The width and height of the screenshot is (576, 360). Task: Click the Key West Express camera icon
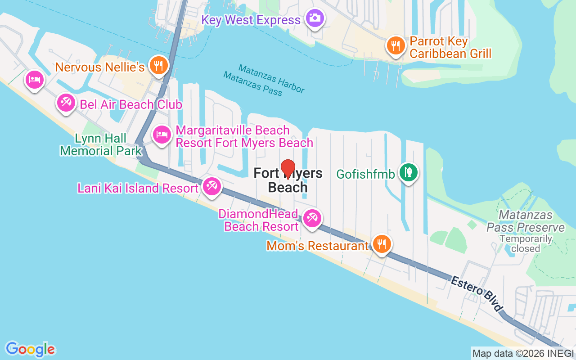coord(315,18)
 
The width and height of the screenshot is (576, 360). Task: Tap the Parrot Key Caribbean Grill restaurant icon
coord(395,45)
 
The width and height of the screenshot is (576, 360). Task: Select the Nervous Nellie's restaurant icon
coord(158,65)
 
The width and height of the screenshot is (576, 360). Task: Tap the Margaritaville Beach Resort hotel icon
coord(162,135)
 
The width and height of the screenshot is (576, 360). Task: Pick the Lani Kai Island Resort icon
coord(211,186)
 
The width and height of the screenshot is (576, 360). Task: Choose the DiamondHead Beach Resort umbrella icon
coord(311,218)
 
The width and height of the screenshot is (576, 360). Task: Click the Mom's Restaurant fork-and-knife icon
coord(382,244)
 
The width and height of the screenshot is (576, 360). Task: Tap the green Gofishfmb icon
coord(408,172)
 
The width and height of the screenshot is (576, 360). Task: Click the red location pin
coord(288,170)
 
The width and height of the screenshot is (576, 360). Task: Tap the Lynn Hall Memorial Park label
coord(101,144)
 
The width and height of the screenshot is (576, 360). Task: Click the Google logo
coord(31,349)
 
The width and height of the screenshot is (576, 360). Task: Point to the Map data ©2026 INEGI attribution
coord(523,353)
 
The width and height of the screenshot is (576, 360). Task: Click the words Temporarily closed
coord(526,243)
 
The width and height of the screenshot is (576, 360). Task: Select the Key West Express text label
coord(251,20)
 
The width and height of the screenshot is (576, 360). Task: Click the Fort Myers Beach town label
coord(288,180)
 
